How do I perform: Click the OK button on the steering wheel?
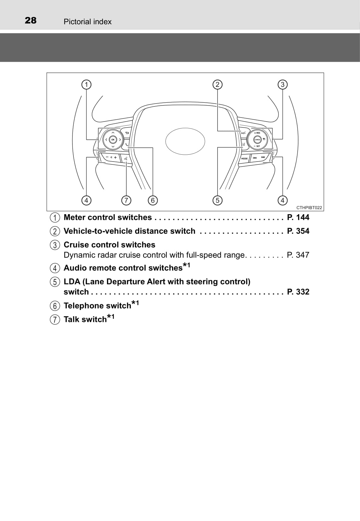pyautogui.click(x=113, y=140)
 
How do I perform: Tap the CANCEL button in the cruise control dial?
pyautogui.click(x=258, y=140)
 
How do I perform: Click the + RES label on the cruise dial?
pyautogui.click(x=257, y=133)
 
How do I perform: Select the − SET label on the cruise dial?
pyautogui.click(x=257, y=146)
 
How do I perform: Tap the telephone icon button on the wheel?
pyautogui.click(x=126, y=145)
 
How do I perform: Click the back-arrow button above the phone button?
pyautogui.click(x=127, y=133)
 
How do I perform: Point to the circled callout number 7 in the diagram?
pyautogui.click(x=126, y=200)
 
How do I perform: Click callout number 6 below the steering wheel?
pyautogui.click(x=153, y=200)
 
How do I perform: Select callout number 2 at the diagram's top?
pyautogui.click(x=217, y=84)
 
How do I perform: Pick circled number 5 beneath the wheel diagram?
pyautogui.click(x=217, y=200)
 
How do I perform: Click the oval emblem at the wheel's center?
pyautogui.click(x=185, y=141)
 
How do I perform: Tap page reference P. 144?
pyautogui.click(x=298, y=217)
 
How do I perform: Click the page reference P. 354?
pyautogui.click(x=298, y=231)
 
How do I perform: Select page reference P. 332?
pyautogui.click(x=298, y=292)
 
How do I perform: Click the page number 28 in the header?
pyautogui.click(x=31, y=20)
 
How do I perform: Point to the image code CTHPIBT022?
pyautogui.click(x=309, y=208)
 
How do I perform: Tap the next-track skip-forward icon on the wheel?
pyautogui.click(x=263, y=157)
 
